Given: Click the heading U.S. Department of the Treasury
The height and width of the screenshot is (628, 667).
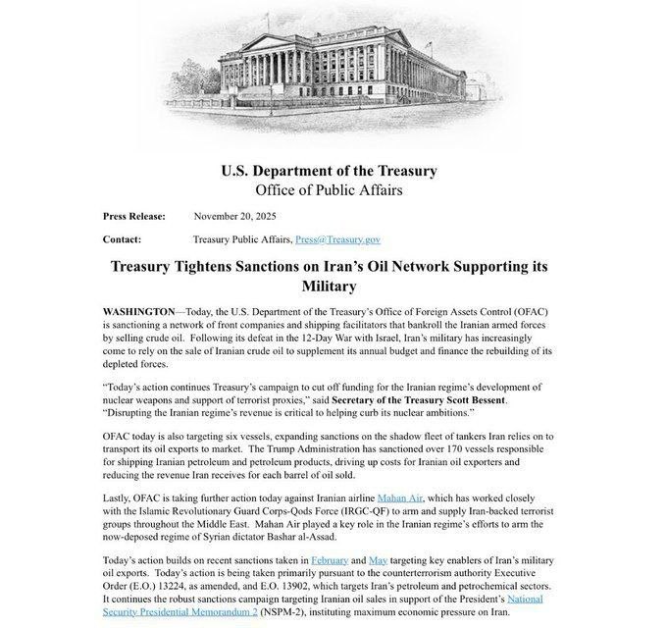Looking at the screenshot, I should (x=329, y=170).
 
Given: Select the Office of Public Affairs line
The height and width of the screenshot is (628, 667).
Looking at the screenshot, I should (x=329, y=189).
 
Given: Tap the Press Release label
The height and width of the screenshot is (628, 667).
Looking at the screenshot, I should (x=133, y=216).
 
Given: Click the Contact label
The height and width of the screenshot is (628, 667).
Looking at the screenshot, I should (x=122, y=239).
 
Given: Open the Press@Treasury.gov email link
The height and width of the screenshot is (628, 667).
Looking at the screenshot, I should (x=337, y=239).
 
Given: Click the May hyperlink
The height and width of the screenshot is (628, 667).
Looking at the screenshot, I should (x=378, y=559).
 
